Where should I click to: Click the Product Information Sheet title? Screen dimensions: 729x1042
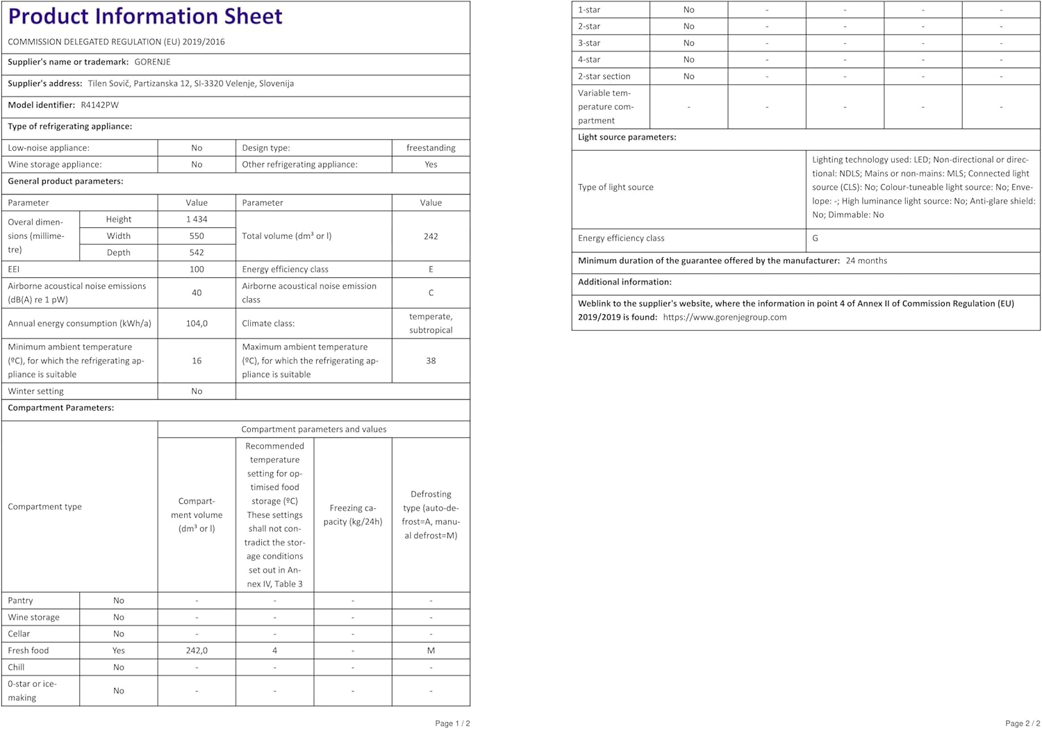pyautogui.click(x=145, y=16)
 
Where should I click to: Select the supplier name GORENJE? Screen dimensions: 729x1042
pyautogui.click(x=152, y=62)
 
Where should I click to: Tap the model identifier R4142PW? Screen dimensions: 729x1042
pyautogui.click(x=99, y=105)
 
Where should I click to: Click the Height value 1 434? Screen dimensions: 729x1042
pyautogui.click(x=197, y=219)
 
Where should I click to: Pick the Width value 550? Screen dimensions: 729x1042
pyautogui.click(x=197, y=236)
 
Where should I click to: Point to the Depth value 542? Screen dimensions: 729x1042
pyautogui.click(x=197, y=252)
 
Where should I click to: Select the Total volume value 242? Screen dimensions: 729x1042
pyautogui.click(x=431, y=236)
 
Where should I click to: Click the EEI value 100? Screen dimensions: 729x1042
pyautogui.click(x=197, y=269)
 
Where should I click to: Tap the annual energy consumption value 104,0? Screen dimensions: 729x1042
pyautogui.click(x=197, y=323)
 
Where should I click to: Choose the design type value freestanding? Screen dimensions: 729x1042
pyautogui.click(x=431, y=148)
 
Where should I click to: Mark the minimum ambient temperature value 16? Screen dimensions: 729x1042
pyautogui.click(x=197, y=361)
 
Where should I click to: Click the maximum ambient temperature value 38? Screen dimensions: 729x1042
pyautogui.click(x=431, y=361)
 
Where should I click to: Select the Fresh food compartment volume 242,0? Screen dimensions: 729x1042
pyautogui.click(x=197, y=650)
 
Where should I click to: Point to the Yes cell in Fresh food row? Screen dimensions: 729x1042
pyautogui.click(x=119, y=650)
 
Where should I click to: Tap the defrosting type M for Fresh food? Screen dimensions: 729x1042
pyautogui.click(x=431, y=650)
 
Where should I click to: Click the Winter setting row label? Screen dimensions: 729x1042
pyautogui.click(x=35, y=391)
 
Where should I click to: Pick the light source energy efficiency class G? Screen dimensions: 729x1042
pyautogui.click(x=815, y=238)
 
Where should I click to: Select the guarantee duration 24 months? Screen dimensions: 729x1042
pyautogui.click(x=866, y=261)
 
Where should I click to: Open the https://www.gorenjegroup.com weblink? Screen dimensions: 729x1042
pyautogui.click(x=725, y=317)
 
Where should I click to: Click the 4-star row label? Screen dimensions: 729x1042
pyautogui.click(x=589, y=60)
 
